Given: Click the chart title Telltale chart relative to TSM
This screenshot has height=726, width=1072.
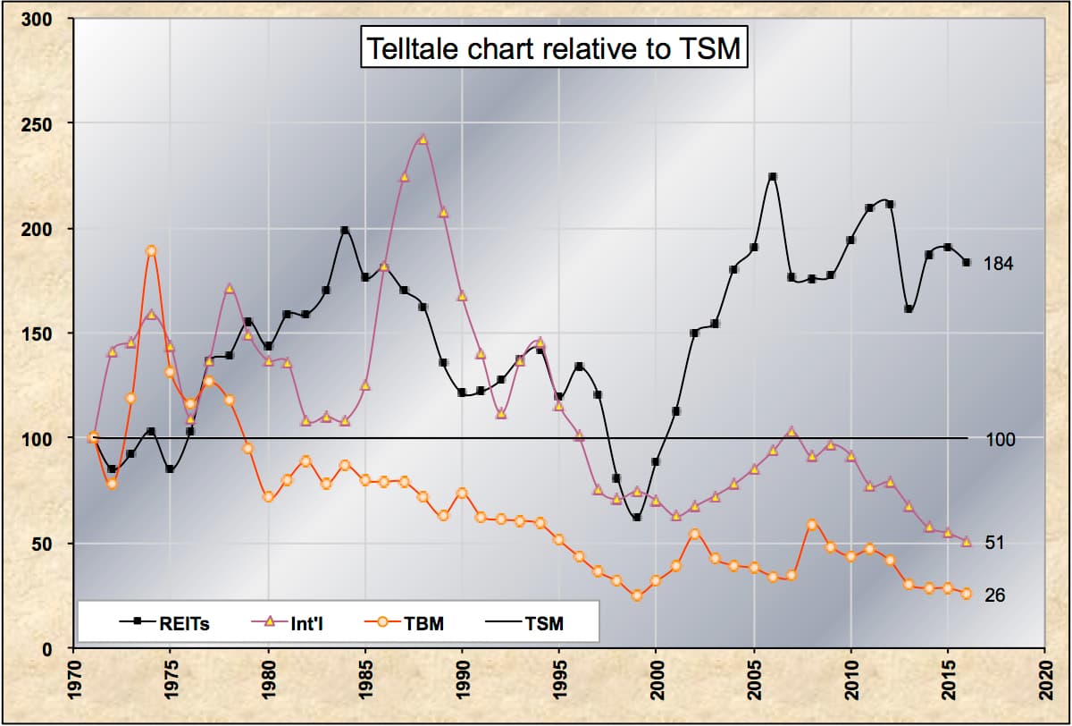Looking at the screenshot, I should (552, 48).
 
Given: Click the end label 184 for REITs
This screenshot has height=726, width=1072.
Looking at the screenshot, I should (998, 264).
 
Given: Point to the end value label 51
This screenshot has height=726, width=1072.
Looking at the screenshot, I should (993, 543).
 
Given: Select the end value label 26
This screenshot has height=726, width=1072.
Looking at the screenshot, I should (993, 595).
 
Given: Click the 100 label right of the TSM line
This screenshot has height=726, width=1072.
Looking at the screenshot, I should (1001, 439).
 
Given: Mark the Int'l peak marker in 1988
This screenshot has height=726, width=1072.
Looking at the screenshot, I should (423, 139).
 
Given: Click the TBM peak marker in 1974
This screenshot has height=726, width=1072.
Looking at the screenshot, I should (151, 251).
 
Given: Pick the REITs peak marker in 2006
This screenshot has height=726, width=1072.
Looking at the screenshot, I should (773, 177).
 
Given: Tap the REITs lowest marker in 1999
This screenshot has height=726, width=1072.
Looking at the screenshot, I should (636, 518).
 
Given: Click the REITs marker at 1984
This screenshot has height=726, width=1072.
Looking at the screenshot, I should (345, 231).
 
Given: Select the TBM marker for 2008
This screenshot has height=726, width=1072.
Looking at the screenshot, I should (811, 525).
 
